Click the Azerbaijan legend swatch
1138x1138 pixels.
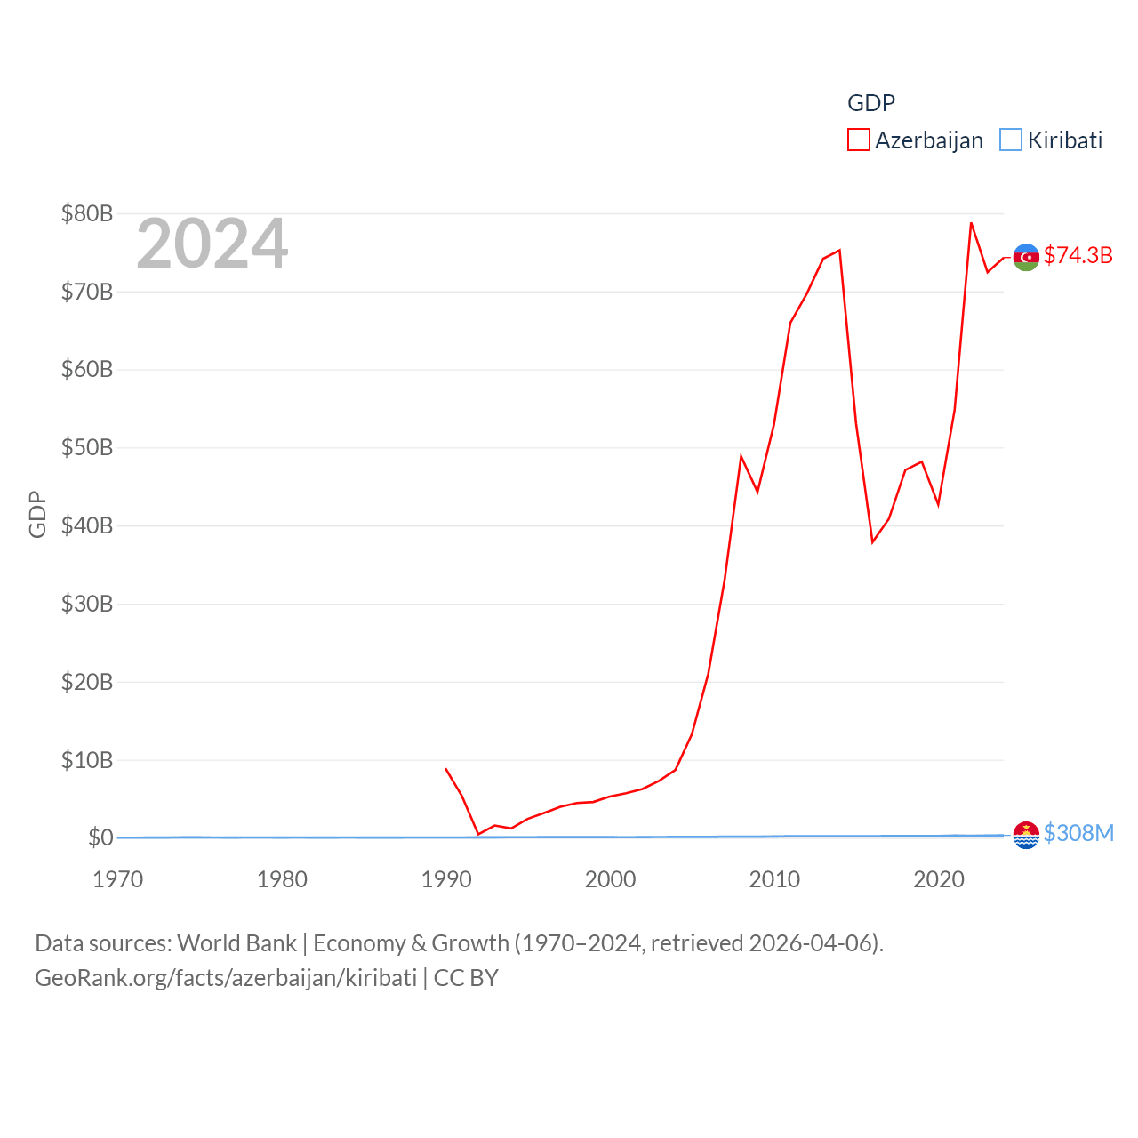click(x=858, y=140)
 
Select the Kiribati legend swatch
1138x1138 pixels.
click(x=1011, y=140)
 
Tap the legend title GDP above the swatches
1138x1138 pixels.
click(x=870, y=103)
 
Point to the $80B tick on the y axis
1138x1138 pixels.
click(x=87, y=213)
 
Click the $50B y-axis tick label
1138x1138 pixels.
click(x=87, y=447)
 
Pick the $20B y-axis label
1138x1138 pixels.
click(x=87, y=682)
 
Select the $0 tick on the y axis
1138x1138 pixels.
click(x=100, y=837)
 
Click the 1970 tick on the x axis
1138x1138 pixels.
click(x=117, y=879)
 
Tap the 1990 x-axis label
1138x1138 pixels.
click(x=446, y=879)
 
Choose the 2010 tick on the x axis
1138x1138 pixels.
click(x=774, y=879)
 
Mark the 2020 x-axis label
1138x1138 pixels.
click(x=939, y=879)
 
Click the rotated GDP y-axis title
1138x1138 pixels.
click(x=37, y=514)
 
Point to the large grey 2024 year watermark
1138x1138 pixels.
click(x=212, y=244)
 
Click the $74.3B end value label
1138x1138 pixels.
click(x=1078, y=255)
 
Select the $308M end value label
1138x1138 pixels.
click(x=1078, y=833)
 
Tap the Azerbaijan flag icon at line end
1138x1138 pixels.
click(x=1026, y=257)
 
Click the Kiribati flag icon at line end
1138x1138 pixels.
click(x=1026, y=835)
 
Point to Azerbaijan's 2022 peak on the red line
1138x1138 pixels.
click(x=971, y=223)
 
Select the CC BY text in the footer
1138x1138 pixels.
click(x=466, y=978)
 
